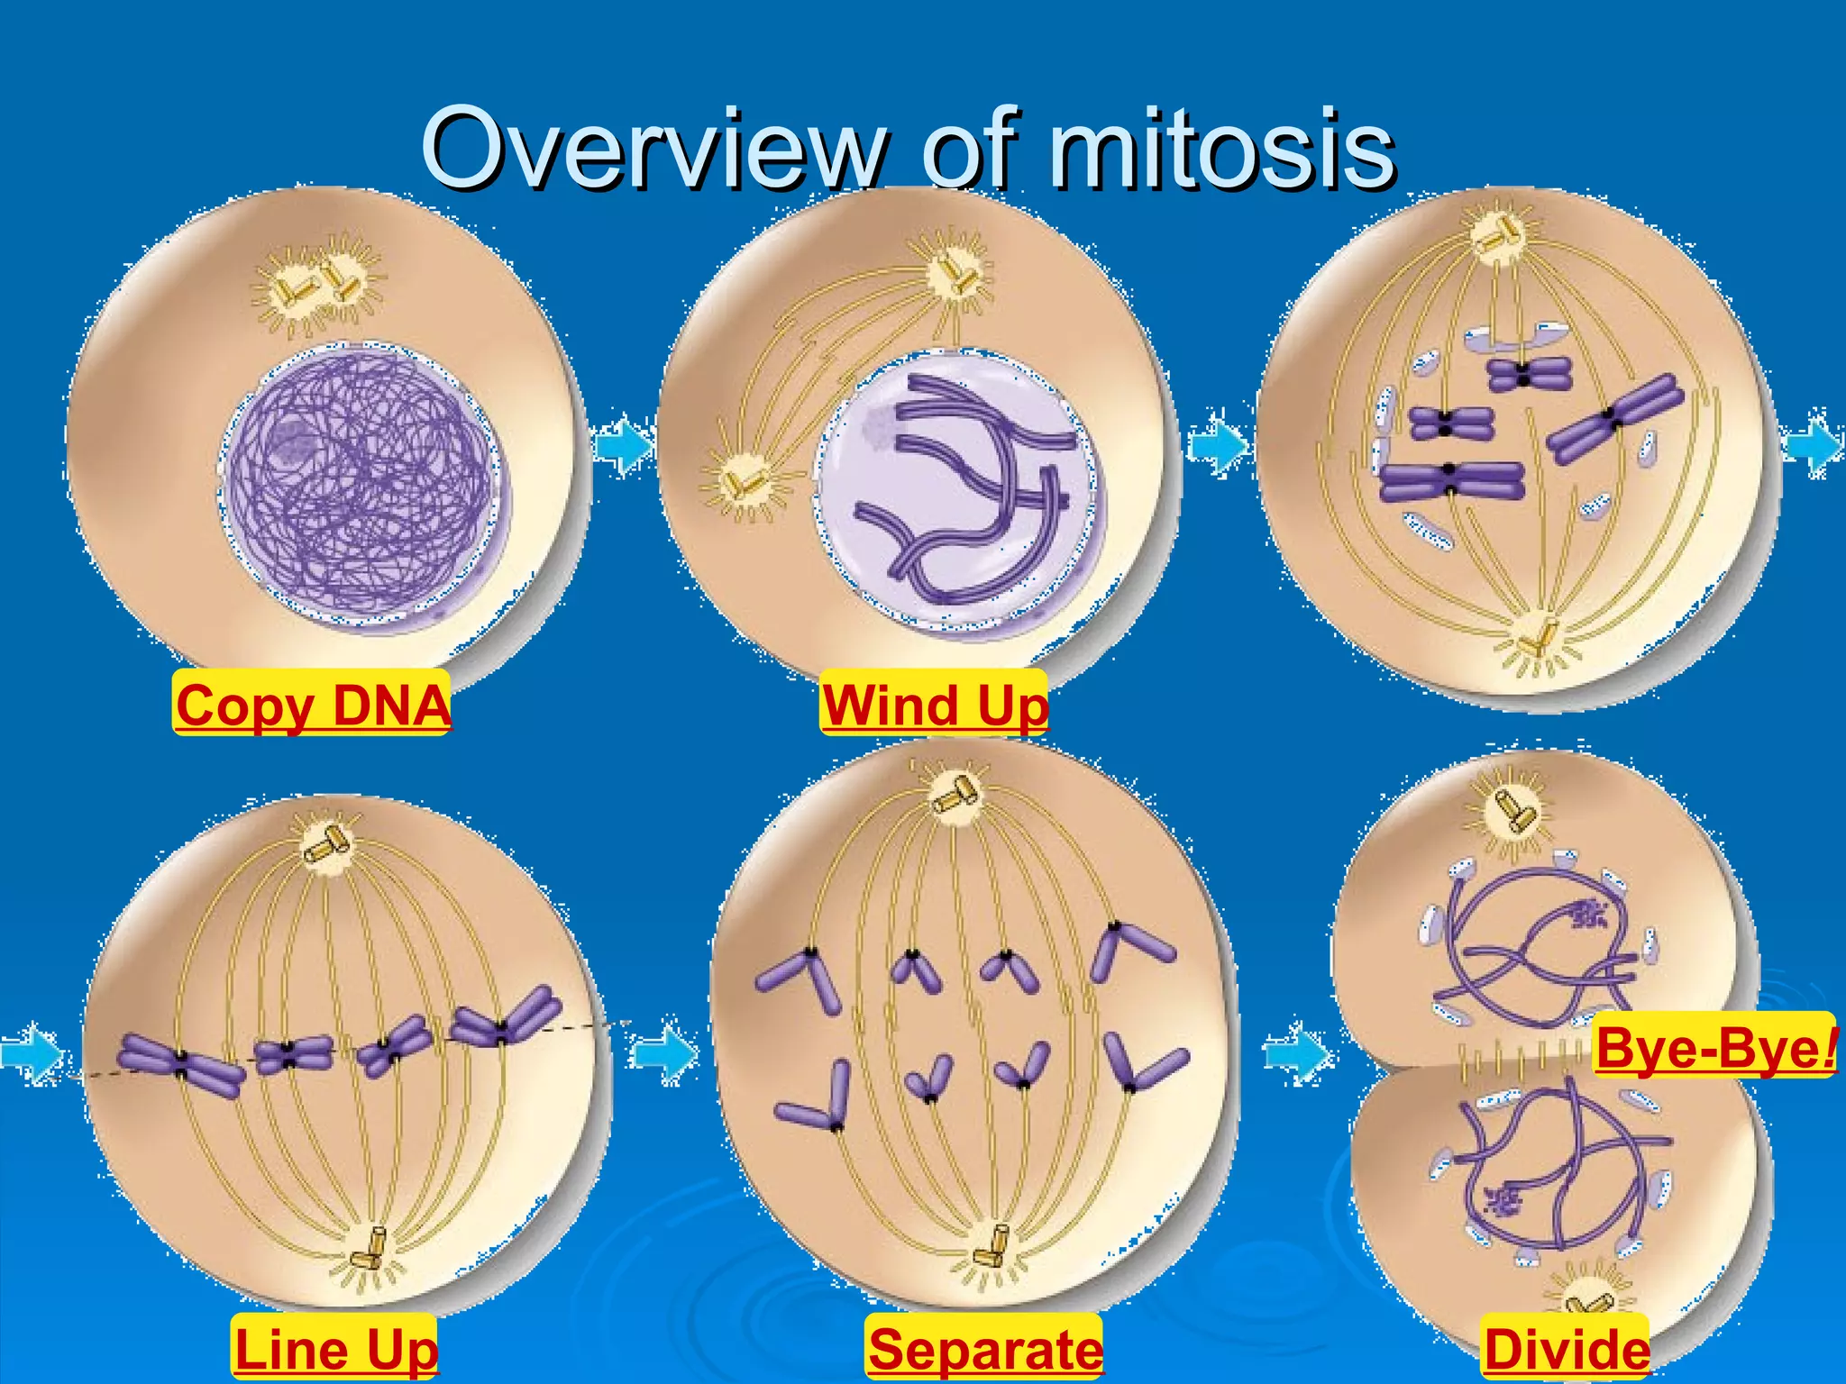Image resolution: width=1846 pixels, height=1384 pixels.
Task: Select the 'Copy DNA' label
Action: point(312,704)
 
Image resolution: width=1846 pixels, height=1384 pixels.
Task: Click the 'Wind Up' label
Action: point(934,704)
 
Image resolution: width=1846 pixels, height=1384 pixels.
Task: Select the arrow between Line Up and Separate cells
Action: point(663,1052)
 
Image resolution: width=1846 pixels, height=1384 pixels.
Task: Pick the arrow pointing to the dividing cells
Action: point(1298,1052)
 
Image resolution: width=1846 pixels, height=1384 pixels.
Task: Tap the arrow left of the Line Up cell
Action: point(32,1052)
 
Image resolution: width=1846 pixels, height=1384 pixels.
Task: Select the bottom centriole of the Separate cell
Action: point(993,1245)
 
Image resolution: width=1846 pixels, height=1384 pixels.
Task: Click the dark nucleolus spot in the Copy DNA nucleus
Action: point(290,440)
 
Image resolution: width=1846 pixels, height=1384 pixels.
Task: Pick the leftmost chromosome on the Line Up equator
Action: point(180,1065)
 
